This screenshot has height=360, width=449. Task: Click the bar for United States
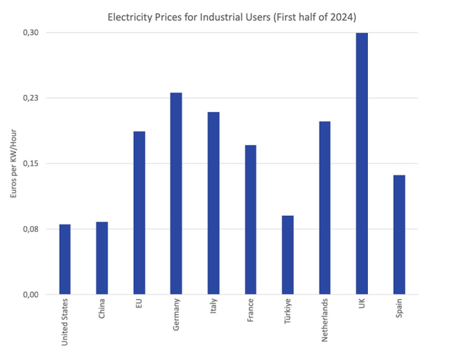point(65,259)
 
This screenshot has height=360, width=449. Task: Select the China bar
point(102,258)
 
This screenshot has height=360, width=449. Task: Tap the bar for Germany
point(176,193)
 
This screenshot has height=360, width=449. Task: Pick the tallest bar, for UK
point(361,164)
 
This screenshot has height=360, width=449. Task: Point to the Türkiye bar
point(287,255)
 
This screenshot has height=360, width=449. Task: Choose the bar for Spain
point(399,235)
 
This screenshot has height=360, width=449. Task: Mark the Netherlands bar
point(325,208)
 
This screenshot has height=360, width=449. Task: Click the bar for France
point(250,220)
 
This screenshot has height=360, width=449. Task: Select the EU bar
point(139,213)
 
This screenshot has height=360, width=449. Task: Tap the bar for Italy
point(213,203)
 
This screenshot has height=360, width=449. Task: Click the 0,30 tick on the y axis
point(31,33)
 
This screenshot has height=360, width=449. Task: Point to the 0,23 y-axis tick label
point(31,98)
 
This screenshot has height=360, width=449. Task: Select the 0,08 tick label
point(31,229)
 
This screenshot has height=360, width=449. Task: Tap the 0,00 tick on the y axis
point(31,294)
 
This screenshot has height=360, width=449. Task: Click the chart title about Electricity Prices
point(232,18)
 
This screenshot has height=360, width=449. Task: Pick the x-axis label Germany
point(176,315)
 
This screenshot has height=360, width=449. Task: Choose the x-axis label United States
point(65,322)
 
